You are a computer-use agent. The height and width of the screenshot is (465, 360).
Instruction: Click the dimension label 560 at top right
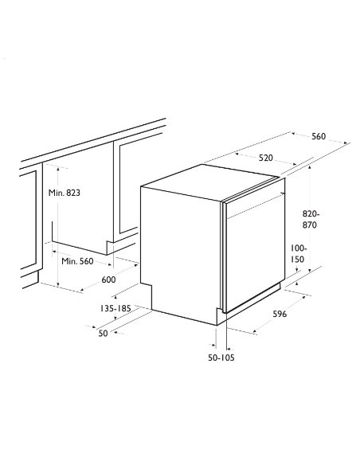[x=319, y=137]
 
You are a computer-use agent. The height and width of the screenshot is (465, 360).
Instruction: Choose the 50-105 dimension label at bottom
[x=221, y=358]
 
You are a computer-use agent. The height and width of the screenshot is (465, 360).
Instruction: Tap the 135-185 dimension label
[x=117, y=307]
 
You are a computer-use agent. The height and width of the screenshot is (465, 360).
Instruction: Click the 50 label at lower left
[x=103, y=333]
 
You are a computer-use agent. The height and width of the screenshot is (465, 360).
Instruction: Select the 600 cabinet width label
[x=109, y=279]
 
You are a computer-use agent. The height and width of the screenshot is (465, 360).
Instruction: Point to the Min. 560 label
[x=77, y=260]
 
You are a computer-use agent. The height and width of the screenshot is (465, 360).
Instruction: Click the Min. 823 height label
[x=64, y=193]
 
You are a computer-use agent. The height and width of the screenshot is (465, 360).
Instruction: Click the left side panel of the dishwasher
[x=179, y=247]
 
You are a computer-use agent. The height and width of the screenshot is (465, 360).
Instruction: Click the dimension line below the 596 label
[x=271, y=323]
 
